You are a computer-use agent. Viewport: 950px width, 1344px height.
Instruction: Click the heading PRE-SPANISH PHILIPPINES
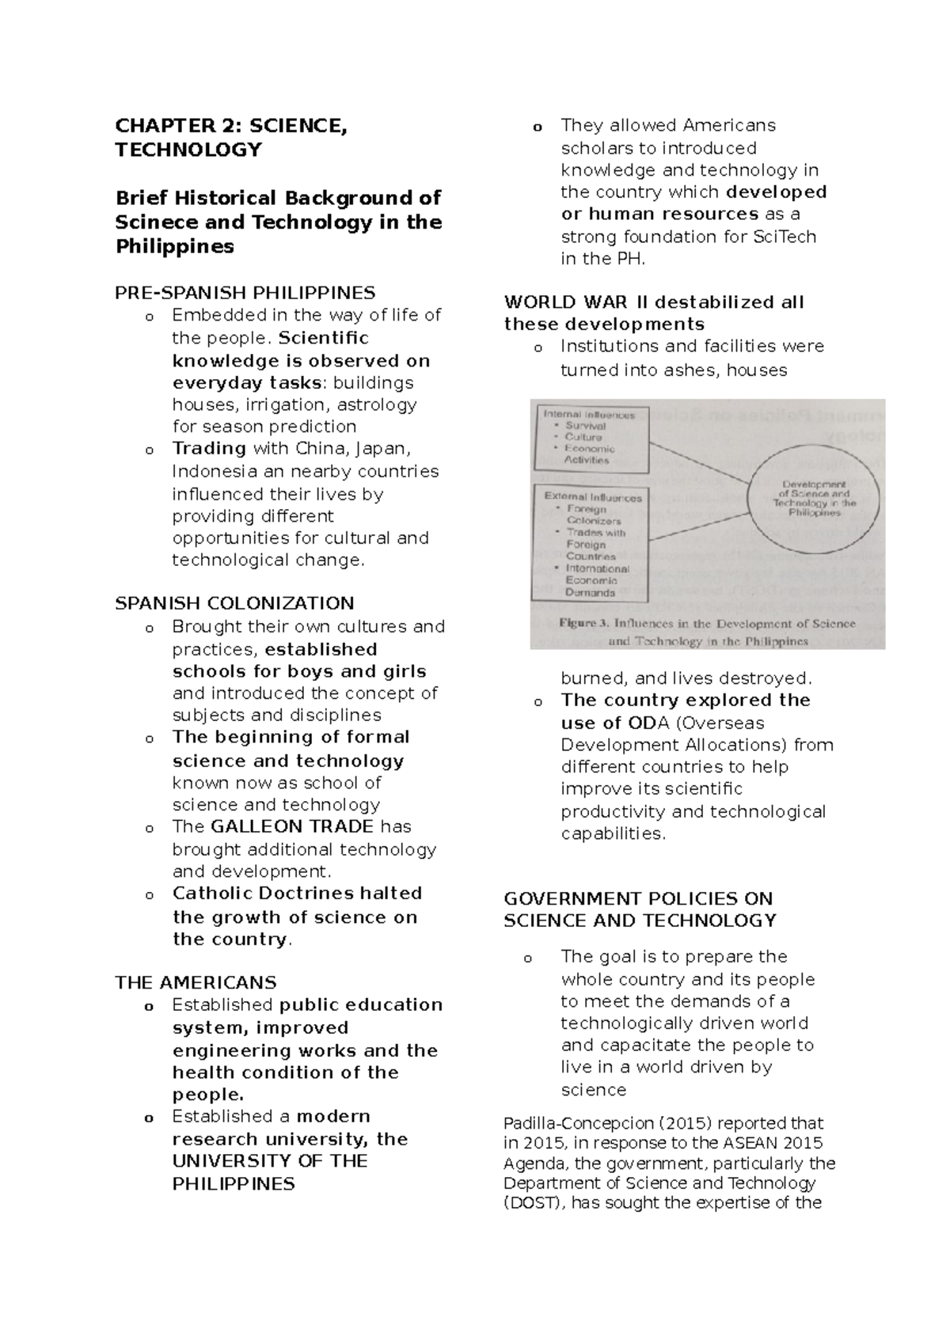[x=245, y=293]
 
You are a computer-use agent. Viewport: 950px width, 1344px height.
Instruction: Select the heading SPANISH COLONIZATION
[x=234, y=604]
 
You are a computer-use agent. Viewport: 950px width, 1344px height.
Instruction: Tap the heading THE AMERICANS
[x=196, y=983]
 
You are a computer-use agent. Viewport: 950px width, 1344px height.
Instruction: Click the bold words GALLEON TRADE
[x=292, y=827]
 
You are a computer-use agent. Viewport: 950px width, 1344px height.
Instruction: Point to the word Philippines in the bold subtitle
[x=175, y=247]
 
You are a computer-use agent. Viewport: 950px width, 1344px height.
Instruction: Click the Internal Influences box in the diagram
[x=591, y=436]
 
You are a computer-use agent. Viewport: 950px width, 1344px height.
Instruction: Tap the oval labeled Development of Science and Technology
[x=814, y=499]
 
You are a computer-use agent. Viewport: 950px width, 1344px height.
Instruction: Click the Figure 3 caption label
[x=577, y=623]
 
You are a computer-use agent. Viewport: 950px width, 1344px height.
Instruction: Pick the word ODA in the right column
[x=648, y=723]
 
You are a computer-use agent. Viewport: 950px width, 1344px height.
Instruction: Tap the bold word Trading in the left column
[x=209, y=449]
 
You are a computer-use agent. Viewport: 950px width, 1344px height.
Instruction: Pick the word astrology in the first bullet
[x=378, y=405]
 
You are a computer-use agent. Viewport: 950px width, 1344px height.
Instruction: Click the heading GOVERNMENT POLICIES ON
[x=637, y=899]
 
